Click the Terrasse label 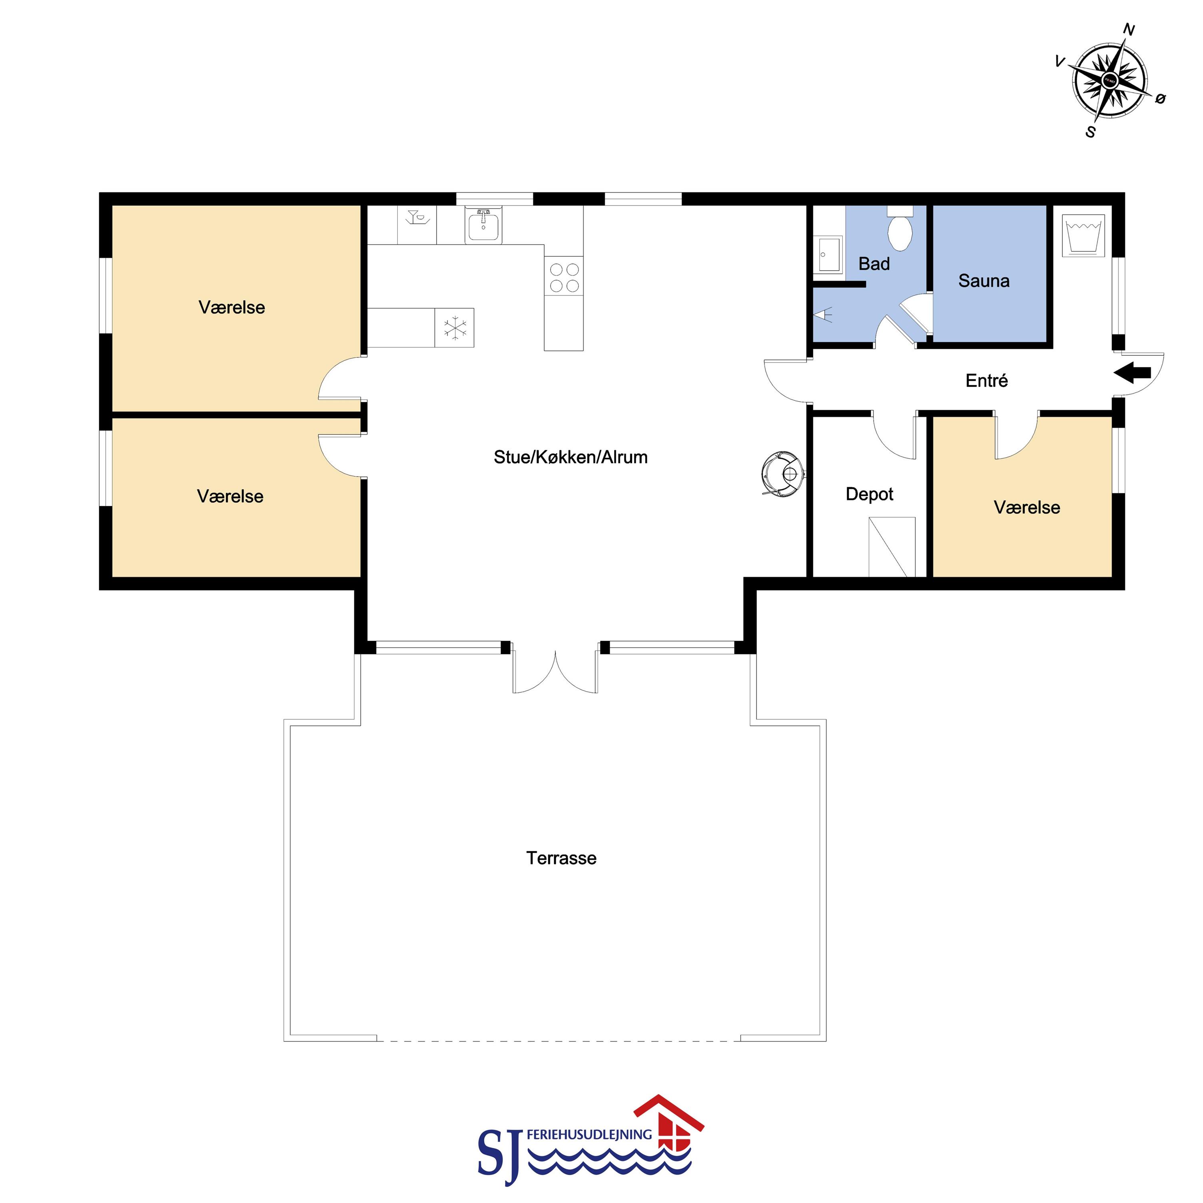(x=561, y=858)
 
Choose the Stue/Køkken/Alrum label (x=571, y=457)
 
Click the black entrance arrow (x=1132, y=373)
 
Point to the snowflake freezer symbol (x=455, y=327)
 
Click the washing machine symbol (x=1083, y=235)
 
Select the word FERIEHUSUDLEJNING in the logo (x=589, y=1135)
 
